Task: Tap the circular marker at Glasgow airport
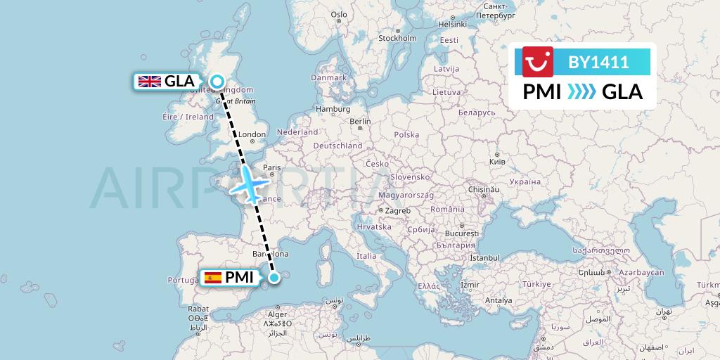[x=217, y=82]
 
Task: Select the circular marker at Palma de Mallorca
[x=274, y=277]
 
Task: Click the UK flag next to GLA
[x=149, y=82]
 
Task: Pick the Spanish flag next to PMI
[x=212, y=277]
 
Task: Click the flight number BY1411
[x=598, y=62]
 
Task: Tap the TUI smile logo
[x=539, y=62]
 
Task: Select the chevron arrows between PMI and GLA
[x=581, y=92]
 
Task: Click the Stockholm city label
[x=397, y=38]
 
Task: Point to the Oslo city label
[x=339, y=14]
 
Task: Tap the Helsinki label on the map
[x=452, y=23]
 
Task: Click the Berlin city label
[x=360, y=121]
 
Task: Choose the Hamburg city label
[x=333, y=109]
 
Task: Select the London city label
[x=252, y=134]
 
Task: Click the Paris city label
[x=271, y=167]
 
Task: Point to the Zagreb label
[x=397, y=210]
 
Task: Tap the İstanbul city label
[x=484, y=258]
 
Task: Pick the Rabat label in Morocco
[x=198, y=309]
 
